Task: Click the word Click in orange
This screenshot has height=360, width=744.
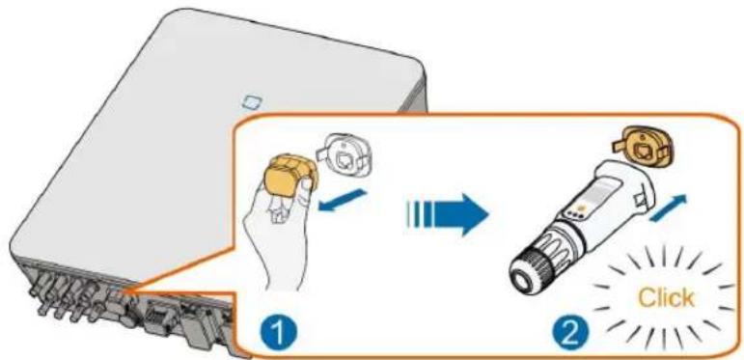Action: click(666, 298)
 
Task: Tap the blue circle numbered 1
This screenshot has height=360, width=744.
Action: click(279, 332)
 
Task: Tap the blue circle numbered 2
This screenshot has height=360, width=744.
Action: click(573, 332)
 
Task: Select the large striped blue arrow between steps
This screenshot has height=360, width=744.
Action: click(447, 215)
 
